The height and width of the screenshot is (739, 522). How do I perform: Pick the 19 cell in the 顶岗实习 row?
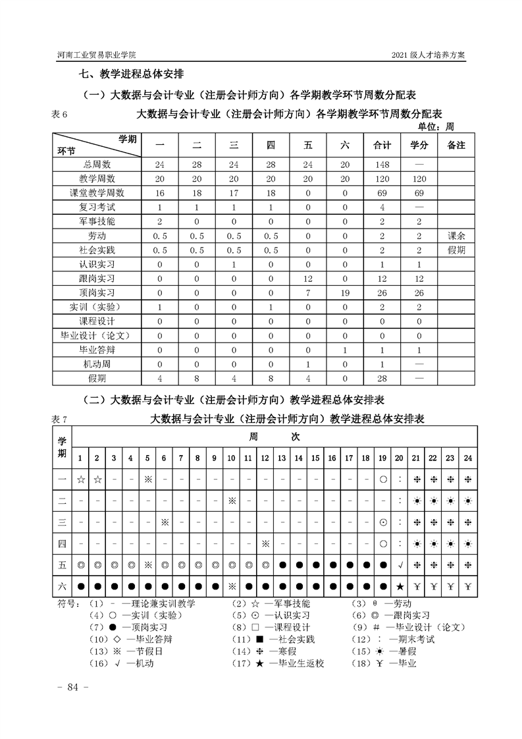click(344, 292)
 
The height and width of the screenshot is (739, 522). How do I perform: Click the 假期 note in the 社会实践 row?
click(456, 250)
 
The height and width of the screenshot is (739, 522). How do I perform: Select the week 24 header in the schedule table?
click(467, 458)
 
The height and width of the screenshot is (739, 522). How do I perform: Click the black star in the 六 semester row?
click(400, 586)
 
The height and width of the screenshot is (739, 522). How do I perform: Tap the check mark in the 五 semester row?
click(400, 564)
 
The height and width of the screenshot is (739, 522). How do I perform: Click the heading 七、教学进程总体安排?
click(132, 75)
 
